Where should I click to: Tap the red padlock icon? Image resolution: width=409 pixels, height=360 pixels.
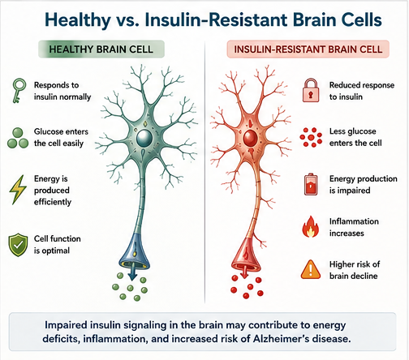point(311,90)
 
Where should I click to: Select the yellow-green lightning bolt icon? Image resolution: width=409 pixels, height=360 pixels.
point(18,190)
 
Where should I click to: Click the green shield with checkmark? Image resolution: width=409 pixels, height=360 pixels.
point(18,245)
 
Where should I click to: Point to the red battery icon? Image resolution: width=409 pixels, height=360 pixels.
point(311,184)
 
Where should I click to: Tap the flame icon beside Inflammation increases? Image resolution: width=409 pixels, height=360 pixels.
point(311,227)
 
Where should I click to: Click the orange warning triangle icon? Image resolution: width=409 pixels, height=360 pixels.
point(311,269)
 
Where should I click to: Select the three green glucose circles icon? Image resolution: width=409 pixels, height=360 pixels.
point(18,138)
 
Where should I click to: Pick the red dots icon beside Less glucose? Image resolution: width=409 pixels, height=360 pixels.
point(311,137)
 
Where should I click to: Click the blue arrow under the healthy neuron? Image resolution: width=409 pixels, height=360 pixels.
point(132,273)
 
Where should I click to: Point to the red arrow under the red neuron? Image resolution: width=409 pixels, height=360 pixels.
point(244,272)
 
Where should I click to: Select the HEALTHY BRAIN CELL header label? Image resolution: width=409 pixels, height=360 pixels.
point(101,49)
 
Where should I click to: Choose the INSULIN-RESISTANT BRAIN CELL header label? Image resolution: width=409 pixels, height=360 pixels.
point(308,49)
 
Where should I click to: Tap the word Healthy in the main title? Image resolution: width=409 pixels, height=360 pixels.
point(78,20)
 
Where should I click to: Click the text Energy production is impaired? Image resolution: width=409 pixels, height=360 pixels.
point(364,184)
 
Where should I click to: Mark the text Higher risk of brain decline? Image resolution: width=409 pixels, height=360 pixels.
point(355,270)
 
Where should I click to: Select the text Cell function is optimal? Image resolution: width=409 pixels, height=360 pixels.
point(58,245)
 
